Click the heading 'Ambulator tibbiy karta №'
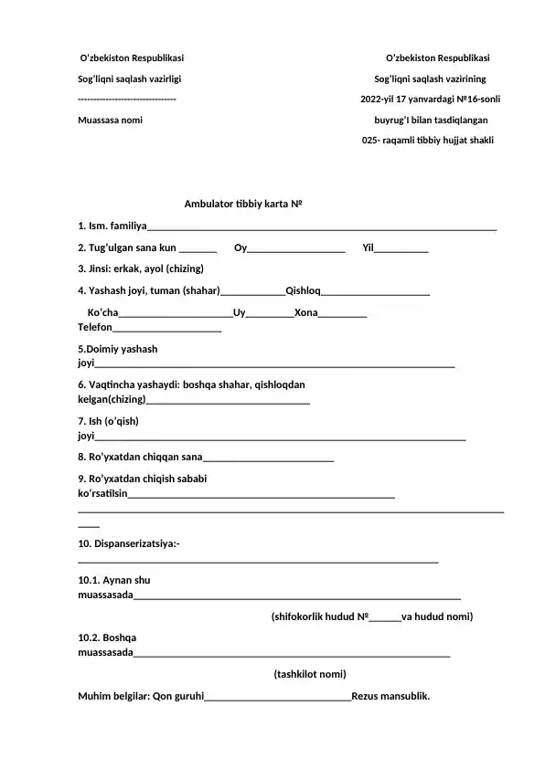coord(242,204)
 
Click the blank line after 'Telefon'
coord(166,329)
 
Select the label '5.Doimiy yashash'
coord(118,349)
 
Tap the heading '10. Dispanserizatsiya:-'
coord(129,544)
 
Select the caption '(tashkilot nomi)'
coord(310,674)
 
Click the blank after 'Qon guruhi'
coord(278,698)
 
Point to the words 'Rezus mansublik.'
coord(390,697)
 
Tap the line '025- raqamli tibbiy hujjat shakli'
coord(428,141)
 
